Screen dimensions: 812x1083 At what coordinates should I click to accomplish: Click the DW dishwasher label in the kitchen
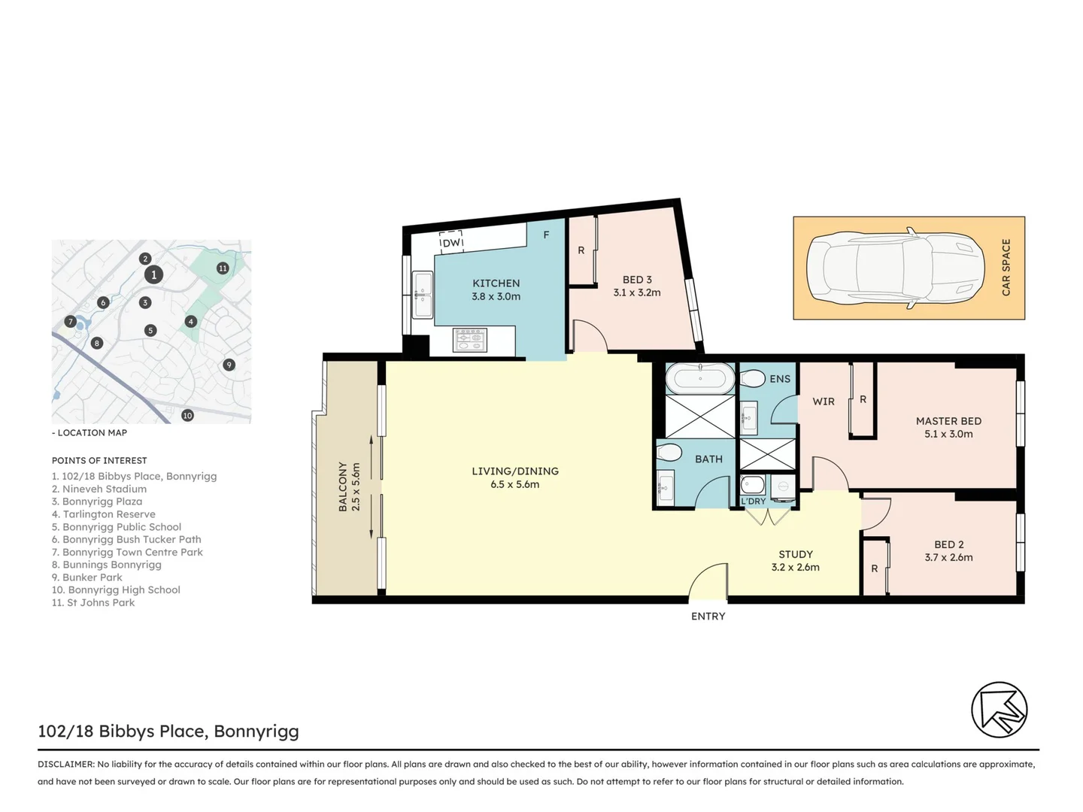pos(451,243)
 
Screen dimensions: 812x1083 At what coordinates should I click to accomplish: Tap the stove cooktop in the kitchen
pos(470,341)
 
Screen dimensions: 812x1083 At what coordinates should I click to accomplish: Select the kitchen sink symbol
pos(423,295)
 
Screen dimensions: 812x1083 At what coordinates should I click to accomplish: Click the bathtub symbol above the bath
pos(700,378)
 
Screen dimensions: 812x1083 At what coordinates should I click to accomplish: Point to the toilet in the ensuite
pos(753,378)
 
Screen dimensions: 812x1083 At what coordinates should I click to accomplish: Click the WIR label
pos(824,401)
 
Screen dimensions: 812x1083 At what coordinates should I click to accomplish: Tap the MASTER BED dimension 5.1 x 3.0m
pos(948,434)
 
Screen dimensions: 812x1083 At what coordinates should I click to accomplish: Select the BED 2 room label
pos(948,544)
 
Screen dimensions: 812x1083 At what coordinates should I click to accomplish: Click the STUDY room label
pos(795,554)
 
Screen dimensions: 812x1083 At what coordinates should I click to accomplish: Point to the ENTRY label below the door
pos(708,617)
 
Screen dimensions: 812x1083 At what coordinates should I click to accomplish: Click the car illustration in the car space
pos(895,268)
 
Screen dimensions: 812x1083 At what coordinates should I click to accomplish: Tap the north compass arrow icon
pos(999,710)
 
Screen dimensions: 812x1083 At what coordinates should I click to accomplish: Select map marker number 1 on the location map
pos(153,274)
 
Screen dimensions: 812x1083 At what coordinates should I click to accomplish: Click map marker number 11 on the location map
pos(223,268)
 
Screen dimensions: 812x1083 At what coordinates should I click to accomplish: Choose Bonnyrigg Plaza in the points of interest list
pos(102,501)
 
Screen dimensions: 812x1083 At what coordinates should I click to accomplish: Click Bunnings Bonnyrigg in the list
pos(111,565)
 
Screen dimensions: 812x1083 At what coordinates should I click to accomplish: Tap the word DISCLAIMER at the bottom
pos(65,764)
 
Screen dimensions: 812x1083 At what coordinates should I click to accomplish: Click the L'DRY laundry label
pos(753,501)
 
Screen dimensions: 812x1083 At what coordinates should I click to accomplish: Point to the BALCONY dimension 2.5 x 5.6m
pos(356,487)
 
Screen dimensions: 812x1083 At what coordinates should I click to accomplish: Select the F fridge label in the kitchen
pos(546,235)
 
